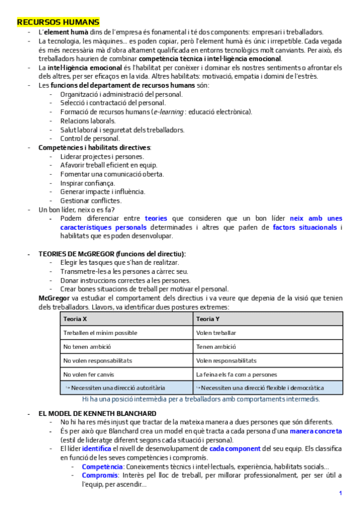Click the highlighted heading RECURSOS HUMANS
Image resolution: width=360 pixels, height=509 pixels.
coord(58,22)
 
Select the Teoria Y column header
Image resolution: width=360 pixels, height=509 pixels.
coord(208,319)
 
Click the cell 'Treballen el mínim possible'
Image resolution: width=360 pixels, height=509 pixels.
coord(100,333)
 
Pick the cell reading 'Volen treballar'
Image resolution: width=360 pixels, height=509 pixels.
coord(216,333)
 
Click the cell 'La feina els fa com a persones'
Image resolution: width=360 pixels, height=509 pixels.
coord(236,374)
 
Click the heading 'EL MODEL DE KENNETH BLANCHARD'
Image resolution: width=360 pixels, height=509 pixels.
coord(98,414)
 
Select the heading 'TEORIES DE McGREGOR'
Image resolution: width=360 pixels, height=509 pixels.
coord(112,254)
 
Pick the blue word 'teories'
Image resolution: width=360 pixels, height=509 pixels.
coord(156,219)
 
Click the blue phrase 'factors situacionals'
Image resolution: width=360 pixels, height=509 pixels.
coord(304,227)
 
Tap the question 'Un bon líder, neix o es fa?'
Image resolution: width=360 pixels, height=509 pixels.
coord(76,209)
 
